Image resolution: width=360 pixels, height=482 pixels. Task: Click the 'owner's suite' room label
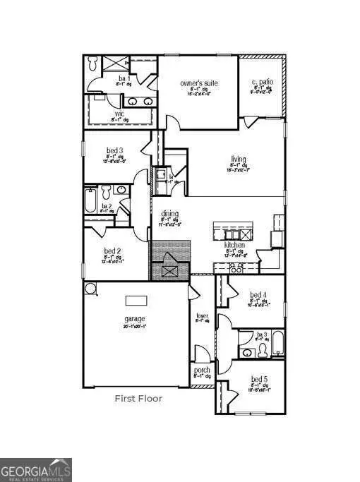pyautogui.click(x=198, y=83)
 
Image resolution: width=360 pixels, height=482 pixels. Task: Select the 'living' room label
pyautogui.click(x=238, y=159)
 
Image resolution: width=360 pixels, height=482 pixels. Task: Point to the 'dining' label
pyautogui.click(x=169, y=214)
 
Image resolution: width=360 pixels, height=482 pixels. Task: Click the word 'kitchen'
pyautogui.click(x=234, y=245)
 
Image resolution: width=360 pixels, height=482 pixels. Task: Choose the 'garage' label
pyautogui.click(x=134, y=318)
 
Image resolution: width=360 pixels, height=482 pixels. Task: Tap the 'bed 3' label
pyautogui.click(x=115, y=150)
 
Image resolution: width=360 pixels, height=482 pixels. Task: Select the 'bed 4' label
pyautogui.click(x=258, y=294)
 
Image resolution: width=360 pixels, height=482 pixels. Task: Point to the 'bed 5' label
pyautogui.click(x=258, y=379)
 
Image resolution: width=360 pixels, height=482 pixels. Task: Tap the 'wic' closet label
pyautogui.click(x=120, y=113)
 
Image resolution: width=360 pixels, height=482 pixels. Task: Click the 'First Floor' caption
pyautogui.click(x=138, y=399)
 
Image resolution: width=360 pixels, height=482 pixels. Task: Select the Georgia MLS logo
pyautogui.click(x=36, y=469)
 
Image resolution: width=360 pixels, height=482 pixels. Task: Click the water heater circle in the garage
pyautogui.click(x=90, y=288)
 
